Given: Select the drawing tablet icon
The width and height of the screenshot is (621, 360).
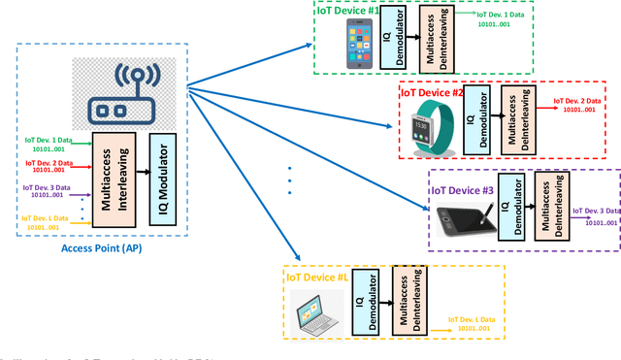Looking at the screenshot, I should (461, 216).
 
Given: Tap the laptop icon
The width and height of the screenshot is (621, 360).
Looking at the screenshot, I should (318, 310).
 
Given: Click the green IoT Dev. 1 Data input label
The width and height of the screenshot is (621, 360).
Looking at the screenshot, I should (49, 144).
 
